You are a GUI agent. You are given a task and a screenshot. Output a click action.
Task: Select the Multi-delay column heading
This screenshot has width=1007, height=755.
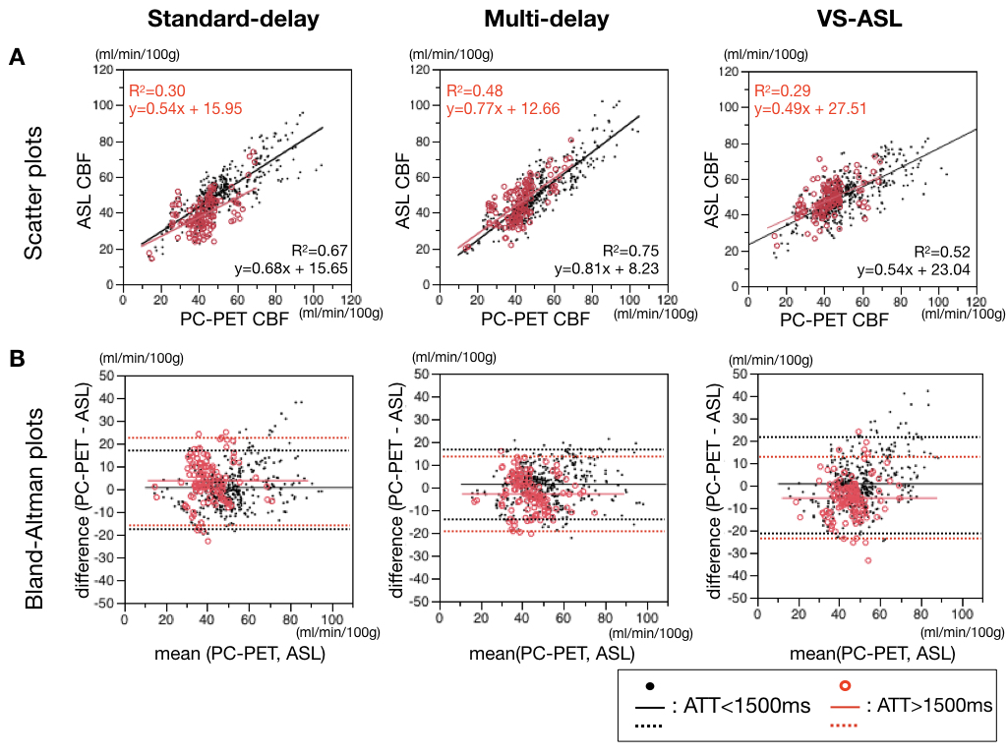546,19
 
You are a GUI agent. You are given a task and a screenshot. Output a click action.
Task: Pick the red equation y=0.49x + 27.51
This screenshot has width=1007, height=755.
810,108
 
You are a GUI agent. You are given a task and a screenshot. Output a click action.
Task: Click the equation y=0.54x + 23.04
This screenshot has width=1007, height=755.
916,266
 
